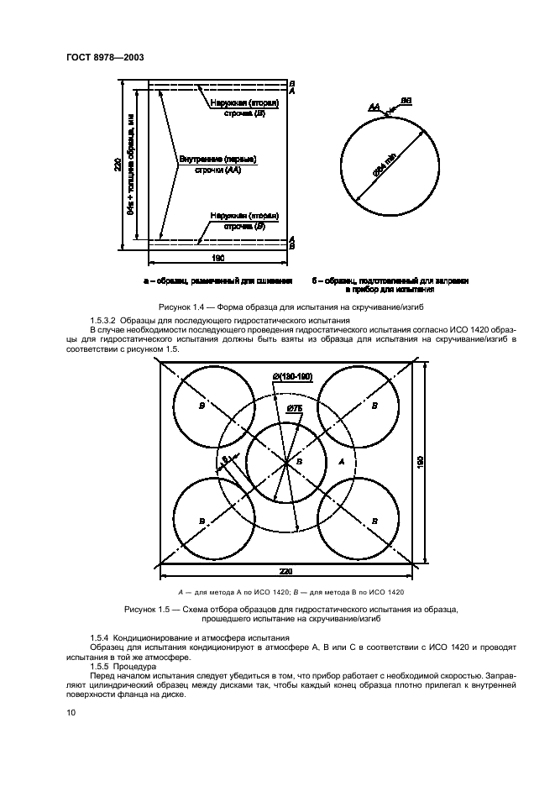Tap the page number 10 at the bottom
coord(71,713)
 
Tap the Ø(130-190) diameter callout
coord(292,377)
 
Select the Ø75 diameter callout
coord(295,409)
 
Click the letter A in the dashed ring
coord(340,462)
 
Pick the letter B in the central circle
coord(300,463)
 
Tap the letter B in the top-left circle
coord(202,405)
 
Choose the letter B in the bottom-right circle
coord(374,521)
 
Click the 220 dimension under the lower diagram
coord(286,572)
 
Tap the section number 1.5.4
coord(101,640)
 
